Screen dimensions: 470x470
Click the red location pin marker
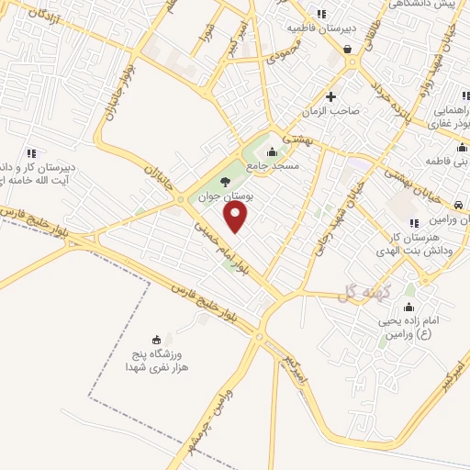(237, 218)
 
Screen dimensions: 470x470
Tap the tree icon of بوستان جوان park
(227, 181)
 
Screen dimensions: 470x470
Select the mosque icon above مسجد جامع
(271, 151)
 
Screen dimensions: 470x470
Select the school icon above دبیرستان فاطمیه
(320, 14)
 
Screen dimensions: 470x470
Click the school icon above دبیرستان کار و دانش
(31, 152)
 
